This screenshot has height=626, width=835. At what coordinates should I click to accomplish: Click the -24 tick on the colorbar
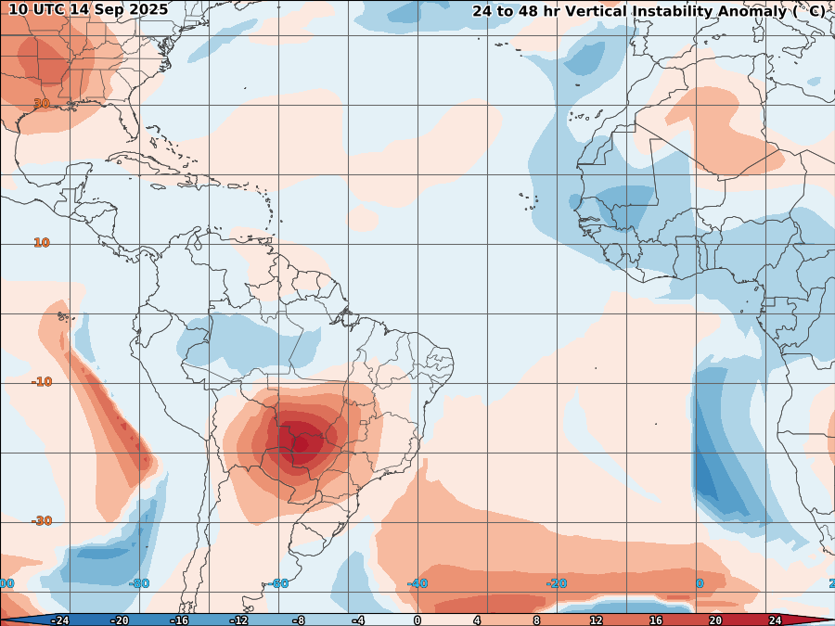[x=59, y=620]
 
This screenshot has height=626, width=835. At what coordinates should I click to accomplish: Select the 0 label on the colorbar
[x=417, y=620]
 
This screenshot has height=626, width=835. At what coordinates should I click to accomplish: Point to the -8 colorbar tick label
[x=298, y=620]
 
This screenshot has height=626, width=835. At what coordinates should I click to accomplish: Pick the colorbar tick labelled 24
[x=775, y=620]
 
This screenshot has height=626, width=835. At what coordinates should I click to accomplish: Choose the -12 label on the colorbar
[x=238, y=620]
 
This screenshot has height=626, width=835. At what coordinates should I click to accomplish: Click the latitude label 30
[x=42, y=104]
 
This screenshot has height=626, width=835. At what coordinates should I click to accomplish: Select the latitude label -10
[x=42, y=382]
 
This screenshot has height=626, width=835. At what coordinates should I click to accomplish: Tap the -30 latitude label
[x=42, y=521]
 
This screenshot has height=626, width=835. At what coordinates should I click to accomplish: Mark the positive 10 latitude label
[x=42, y=243]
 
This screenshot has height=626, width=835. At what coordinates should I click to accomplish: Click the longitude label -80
[x=139, y=583]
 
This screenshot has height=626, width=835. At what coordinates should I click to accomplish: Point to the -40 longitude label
[x=417, y=583]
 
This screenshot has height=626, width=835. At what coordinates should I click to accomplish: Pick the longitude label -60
[x=278, y=583]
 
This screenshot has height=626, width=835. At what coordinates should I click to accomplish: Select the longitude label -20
[x=557, y=583]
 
